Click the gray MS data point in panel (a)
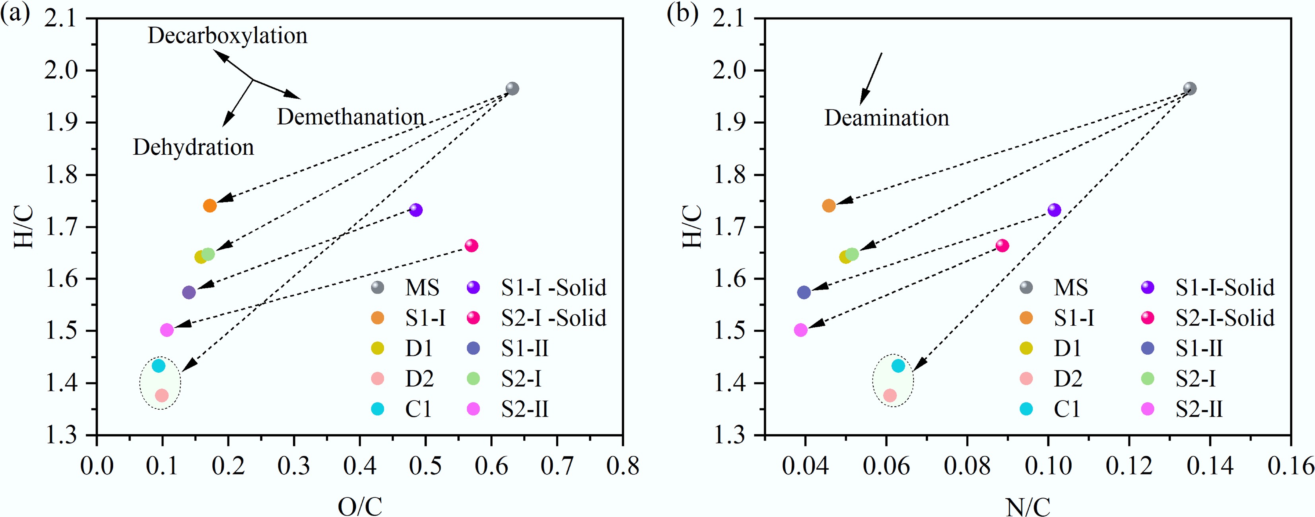click(512, 89)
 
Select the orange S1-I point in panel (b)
click(829, 206)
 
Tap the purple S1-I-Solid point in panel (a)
click(416, 210)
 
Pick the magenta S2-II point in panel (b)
click(801, 330)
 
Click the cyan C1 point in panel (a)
click(159, 366)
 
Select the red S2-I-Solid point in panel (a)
click(471, 245)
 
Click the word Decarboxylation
click(228, 36)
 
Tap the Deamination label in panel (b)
click(887, 118)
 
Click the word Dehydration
click(194, 148)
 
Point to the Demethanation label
click(351, 117)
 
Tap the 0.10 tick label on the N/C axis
click(1048, 465)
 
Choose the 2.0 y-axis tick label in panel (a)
click(60, 70)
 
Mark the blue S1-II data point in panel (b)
click(804, 292)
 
